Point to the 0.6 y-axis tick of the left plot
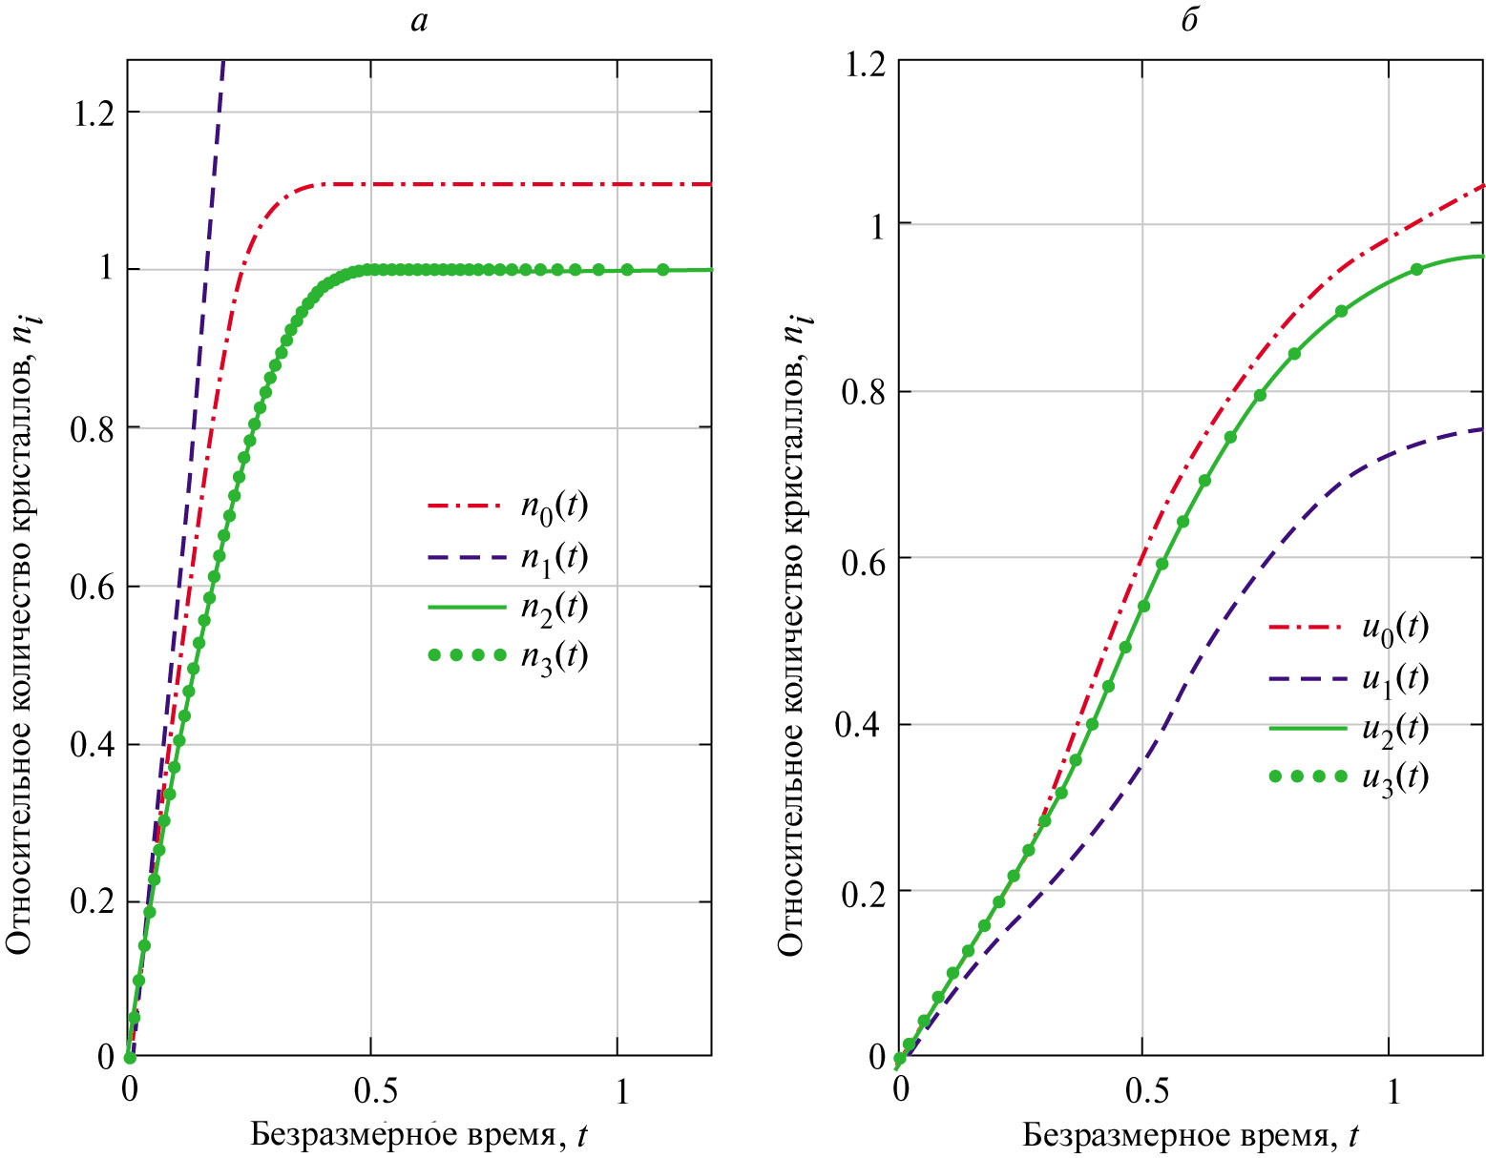coord(93,587)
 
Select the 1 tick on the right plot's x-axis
coord(1392,1090)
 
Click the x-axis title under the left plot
coord(419,1135)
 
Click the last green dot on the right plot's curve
coord(1416,269)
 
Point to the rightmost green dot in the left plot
coord(663,270)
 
